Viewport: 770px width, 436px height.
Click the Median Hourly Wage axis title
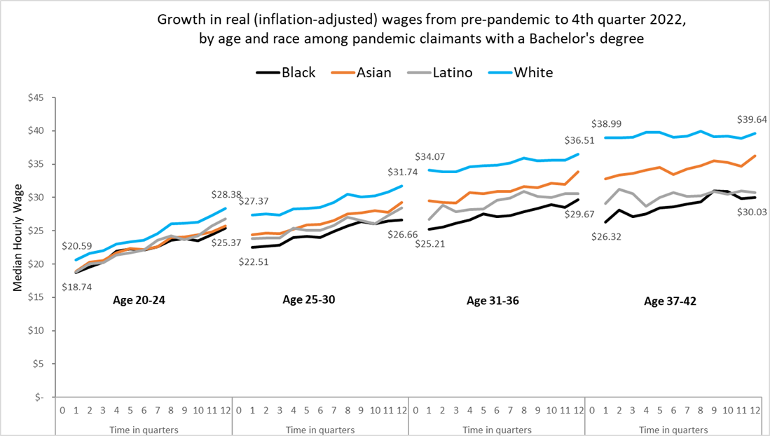[x=18, y=247]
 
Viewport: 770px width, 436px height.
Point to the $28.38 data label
[x=228, y=194]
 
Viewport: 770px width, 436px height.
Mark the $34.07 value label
[x=435, y=156]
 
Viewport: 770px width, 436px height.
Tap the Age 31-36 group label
[x=493, y=301]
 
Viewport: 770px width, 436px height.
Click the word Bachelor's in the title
[x=569, y=39]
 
